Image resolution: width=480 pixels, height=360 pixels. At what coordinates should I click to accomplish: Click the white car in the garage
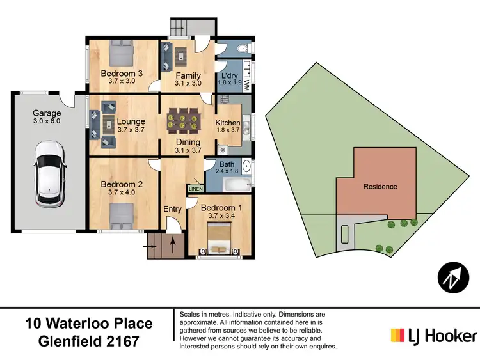point(49,173)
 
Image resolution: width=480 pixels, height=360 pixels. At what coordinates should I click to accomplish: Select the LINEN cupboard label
point(194,189)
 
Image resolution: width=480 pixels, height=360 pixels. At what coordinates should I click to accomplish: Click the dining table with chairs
point(184,120)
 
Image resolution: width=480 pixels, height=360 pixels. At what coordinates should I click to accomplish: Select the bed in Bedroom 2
point(121,214)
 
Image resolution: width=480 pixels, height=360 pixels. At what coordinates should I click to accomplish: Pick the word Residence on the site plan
point(380,187)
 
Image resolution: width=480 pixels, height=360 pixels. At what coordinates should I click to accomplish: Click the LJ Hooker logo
point(434,335)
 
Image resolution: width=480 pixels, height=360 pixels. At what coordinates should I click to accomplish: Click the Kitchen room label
point(227,123)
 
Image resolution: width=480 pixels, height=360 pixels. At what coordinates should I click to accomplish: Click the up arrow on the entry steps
point(172,244)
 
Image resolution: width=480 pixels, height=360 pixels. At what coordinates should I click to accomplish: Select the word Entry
point(172,209)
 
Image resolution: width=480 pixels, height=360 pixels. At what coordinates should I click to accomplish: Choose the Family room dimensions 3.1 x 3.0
point(188,83)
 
